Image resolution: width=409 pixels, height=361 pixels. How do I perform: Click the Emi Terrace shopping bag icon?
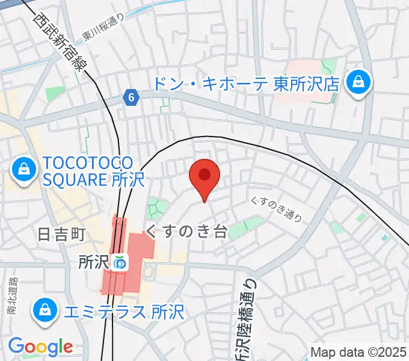pos(45,311)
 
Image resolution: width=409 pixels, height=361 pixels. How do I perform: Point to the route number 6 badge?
pos(131,96)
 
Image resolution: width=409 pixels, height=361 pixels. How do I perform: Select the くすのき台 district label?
pos(186,232)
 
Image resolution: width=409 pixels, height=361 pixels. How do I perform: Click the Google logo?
pos(40,347)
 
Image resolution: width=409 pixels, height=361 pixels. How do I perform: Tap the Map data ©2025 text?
pos(358,352)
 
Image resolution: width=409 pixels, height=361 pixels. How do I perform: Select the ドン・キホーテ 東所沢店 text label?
pos(247,83)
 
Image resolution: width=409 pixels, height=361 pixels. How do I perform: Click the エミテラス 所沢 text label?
pos(124,312)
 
